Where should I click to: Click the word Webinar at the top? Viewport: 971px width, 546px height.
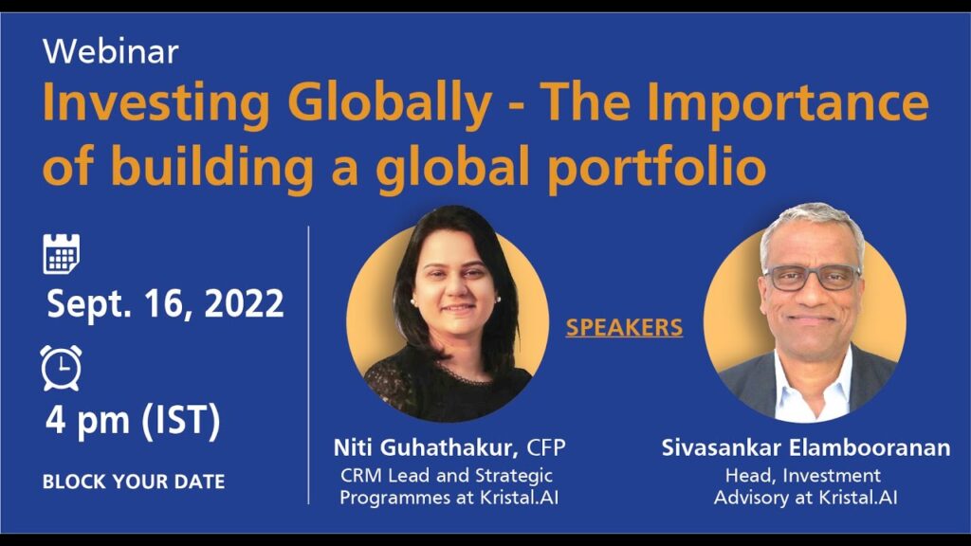[x=111, y=51]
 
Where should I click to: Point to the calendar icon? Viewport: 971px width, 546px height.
[x=62, y=254]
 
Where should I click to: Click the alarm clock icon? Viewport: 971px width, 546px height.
[x=62, y=368]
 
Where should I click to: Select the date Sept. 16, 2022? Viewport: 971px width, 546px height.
[x=165, y=304]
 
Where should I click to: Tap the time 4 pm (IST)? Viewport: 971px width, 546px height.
[x=133, y=421]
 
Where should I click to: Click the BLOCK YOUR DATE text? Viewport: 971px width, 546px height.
[x=134, y=482]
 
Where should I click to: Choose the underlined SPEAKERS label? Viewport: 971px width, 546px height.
[x=624, y=327]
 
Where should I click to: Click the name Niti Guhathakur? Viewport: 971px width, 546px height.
[x=426, y=447]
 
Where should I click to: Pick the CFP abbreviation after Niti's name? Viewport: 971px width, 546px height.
[x=545, y=447]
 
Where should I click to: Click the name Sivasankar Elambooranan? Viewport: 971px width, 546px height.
[x=806, y=447]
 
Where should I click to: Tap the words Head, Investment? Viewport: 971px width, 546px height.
[x=803, y=476]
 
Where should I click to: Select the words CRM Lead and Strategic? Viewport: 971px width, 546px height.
[x=447, y=476]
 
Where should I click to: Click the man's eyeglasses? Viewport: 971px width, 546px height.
[x=812, y=278]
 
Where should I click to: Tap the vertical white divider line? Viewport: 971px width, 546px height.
[x=308, y=365]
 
